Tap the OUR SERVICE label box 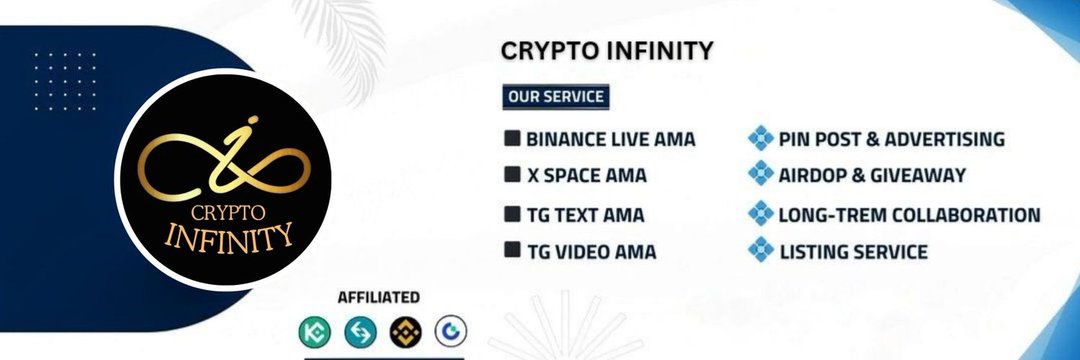pyautogui.click(x=555, y=97)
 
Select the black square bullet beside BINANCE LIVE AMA pyautogui.click(x=512, y=138)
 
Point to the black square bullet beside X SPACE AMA pyautogui.click(x=512, y=175)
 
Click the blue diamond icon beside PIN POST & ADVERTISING pyautogui.click(x=761, y=138)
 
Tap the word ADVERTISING pyautogui.click(x=944, y=139)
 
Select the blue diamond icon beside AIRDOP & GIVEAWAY pyautogui.click(x=761, y=174)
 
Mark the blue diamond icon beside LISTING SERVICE pyautogui.click(x=761, y=250)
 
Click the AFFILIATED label pyautogui.click(x=378, y=297)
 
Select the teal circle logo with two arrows pyautogui.click(x=360, y=331)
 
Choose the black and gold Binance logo pyautogui.click(x=405, y=331)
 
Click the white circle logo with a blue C pyautogui.click(x=450, y=331)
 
